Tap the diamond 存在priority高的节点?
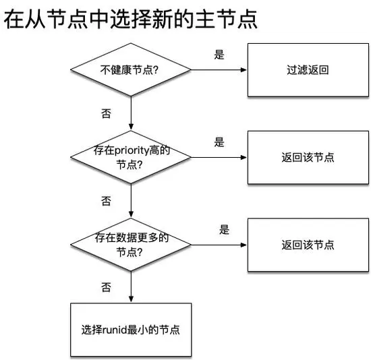[x=131, y=157]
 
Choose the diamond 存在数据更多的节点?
[x=131, y=245]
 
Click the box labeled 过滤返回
[x=308, y=70]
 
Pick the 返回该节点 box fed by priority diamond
[x=308, y=157]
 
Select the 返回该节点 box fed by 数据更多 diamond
[x=308, y=245]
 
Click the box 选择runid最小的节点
[x=131, y=330]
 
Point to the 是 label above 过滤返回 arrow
[x=219, y=55]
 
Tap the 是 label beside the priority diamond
[x=219, y=142]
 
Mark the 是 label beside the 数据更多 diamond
[x=224, y=230]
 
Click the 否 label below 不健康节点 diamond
[x=106, y=114]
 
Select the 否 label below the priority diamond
[x=106, y=201]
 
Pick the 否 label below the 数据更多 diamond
[x=106, y=288]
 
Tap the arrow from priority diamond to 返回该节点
[x=219, y=158]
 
